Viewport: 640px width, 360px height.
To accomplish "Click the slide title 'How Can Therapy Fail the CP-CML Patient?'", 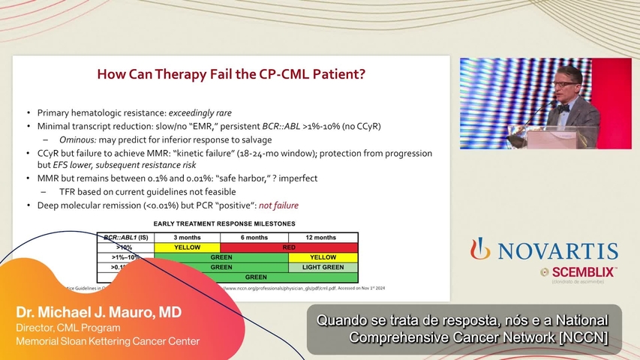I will click(x=231, y=74).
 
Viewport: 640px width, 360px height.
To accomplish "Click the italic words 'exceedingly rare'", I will click(x=200, y=112).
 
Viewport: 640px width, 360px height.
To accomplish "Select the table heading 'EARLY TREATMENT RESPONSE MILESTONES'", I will click(x=224, y=223).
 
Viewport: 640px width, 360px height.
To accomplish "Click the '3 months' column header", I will click(x=186, y=237).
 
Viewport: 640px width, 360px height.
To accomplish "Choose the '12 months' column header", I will click(x=323, y=237).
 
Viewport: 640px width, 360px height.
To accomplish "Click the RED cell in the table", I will click(x=289, y=247).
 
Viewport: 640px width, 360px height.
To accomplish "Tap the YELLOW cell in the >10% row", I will click(x=186, y=247).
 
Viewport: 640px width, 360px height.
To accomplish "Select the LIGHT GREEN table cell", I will click(x=323, y=267).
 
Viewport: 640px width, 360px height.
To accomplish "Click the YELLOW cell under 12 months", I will click(x=323, y=257).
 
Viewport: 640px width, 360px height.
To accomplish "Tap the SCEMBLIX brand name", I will click(x=583, y=271).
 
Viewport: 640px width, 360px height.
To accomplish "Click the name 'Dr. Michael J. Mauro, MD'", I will click(x=99, y=312).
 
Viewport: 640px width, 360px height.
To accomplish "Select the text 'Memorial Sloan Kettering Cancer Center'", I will click(x=108, y=341).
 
